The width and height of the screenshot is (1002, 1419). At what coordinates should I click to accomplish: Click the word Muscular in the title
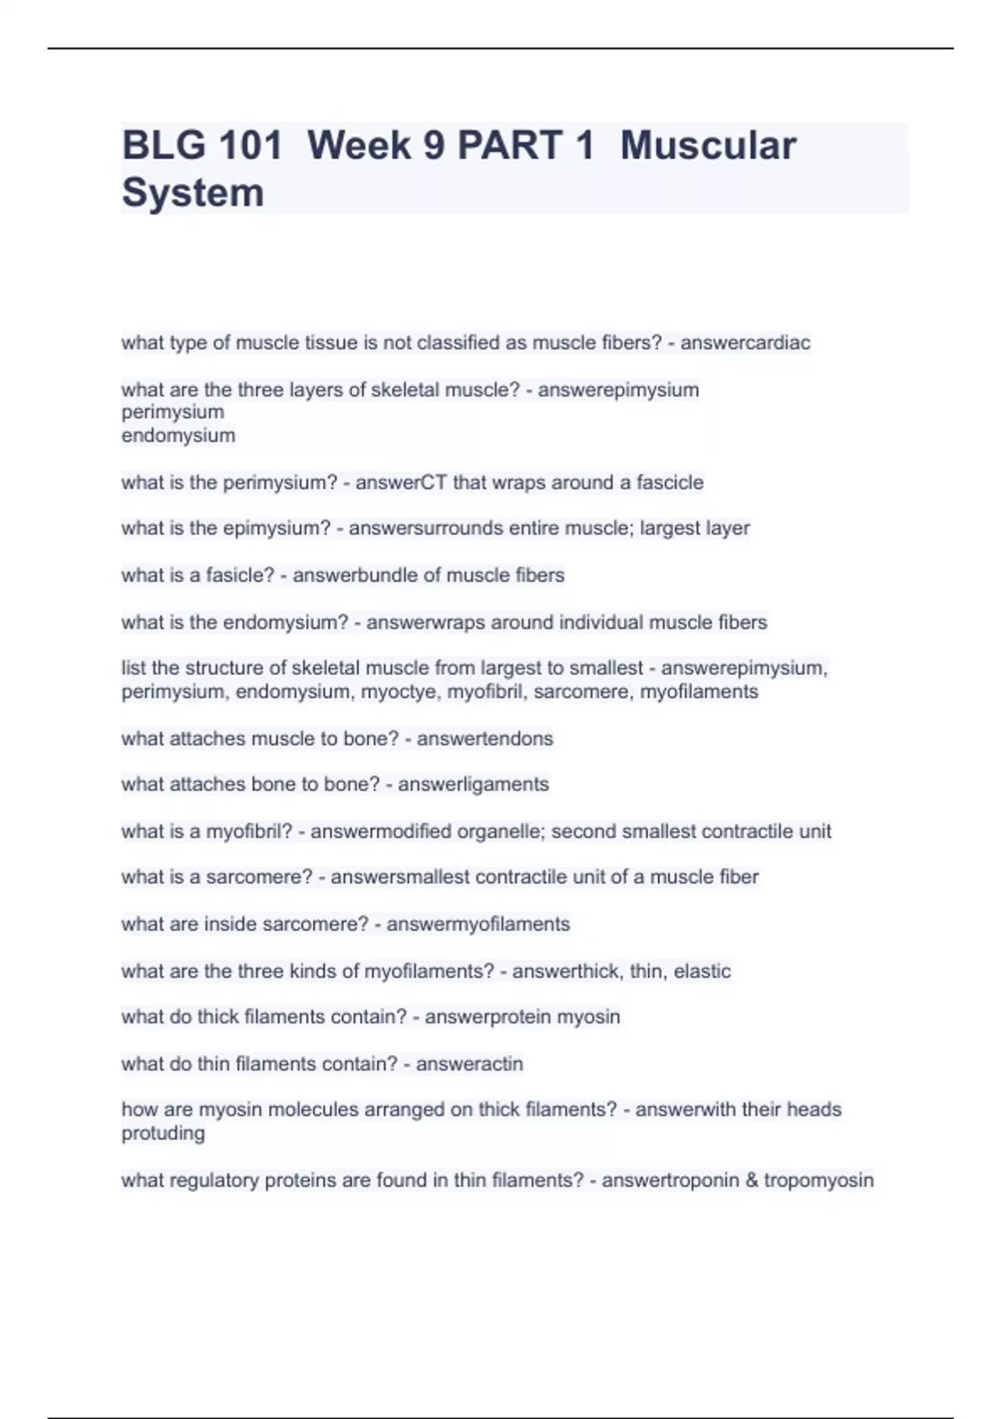point(708,145)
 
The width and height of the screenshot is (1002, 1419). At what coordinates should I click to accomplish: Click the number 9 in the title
point(433,145)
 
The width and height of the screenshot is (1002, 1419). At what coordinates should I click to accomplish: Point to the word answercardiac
point(745,342)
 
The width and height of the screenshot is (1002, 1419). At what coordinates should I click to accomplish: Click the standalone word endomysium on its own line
point(178,436)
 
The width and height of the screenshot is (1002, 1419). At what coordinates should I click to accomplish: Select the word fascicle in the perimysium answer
point(670,482)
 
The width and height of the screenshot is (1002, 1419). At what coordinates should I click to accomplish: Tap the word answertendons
point(484,739)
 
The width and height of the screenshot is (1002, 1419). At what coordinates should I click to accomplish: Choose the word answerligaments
point(473,785)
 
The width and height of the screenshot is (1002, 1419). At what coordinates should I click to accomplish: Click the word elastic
point(702,972)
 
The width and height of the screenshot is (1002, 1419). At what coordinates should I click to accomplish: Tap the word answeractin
point(469,1064)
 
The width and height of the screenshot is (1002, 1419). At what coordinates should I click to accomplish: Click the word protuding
point(163,1134)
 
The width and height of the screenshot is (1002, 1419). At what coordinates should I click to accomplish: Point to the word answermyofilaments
point(478,925)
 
